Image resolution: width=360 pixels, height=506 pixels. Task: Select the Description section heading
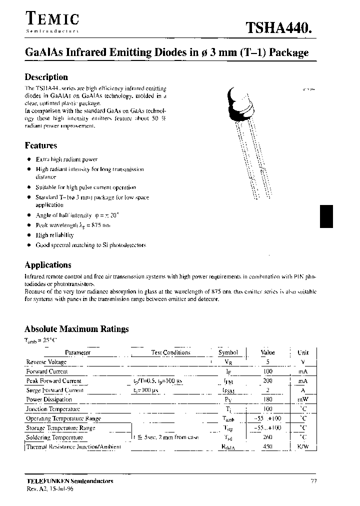(46, 77)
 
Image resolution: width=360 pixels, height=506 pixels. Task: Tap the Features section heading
(41, 145)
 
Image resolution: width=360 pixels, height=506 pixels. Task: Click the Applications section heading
(48, 265)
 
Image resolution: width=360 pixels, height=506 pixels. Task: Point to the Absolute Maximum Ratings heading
(76, 329)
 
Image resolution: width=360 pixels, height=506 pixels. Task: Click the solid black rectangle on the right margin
(326, 216)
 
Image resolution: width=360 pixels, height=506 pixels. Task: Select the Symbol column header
(228, 352)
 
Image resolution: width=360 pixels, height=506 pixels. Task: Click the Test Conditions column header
(171, 352)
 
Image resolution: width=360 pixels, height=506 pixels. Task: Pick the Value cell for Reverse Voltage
(267, 362)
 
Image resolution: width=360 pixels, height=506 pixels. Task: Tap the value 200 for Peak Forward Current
(267, 381)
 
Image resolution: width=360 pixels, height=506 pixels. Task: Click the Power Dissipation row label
(47, 400)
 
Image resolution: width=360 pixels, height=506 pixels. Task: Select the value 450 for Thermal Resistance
(267, 447)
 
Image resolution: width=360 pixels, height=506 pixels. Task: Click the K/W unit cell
(302, 447)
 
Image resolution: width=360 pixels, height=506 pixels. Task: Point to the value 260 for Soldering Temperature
(267, 437)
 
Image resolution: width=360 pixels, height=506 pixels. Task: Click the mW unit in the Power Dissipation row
(302, 400)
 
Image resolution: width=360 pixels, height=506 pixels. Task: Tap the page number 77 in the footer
(313, 481)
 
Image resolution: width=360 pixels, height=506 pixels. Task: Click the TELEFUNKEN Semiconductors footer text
(69, 481)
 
